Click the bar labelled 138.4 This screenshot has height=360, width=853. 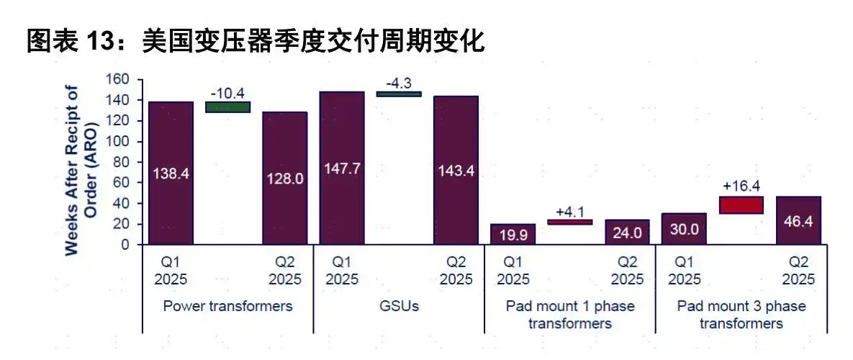(x=171, y=173)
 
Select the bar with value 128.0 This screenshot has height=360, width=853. (x=284, y=178)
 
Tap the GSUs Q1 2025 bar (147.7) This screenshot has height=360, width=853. (x=341, y=168)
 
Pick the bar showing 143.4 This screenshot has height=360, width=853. (x=456, y=170)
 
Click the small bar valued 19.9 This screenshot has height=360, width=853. (x=513, y=234)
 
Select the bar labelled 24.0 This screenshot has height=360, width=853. (x=626, y=232)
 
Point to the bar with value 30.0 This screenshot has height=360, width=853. (x=684, y=229)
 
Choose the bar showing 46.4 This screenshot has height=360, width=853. (x=798, y=220)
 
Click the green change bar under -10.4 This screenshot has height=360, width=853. (x=227, y=107)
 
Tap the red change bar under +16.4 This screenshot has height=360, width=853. (x=741, y=204)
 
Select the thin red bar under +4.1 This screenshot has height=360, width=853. (x=569, y=222)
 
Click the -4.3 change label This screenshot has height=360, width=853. (x=399, y=81)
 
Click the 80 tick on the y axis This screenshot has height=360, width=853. (x=122, y=162)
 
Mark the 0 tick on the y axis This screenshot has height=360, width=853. (x=125, y=245)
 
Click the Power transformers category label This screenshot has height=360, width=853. (x=227, y=306)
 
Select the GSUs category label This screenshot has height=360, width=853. (x=399, y=306)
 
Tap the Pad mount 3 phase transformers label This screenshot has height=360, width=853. (x=741, y=315)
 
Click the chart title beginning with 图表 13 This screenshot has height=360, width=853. (x=256, y=42)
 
